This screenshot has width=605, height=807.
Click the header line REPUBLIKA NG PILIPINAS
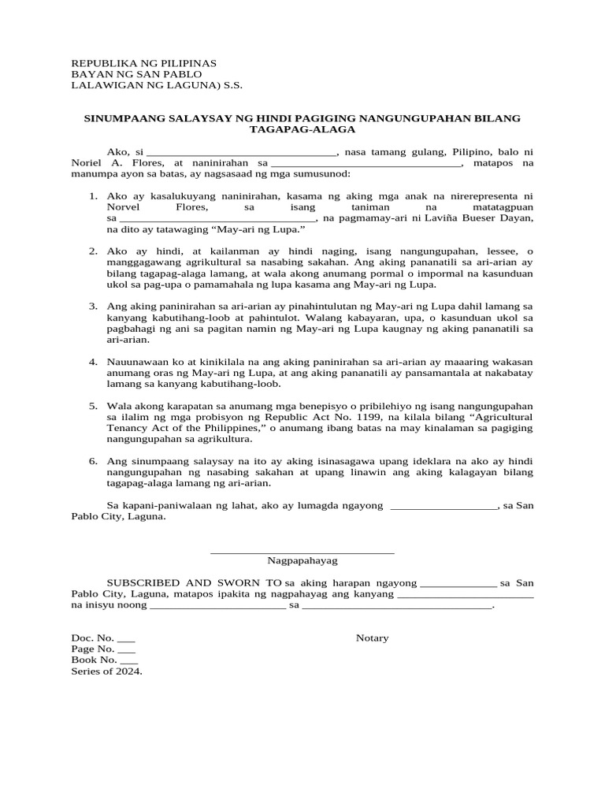point(143,63)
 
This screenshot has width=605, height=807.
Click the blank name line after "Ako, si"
point(242,151)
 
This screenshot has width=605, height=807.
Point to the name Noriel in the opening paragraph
point(87,162)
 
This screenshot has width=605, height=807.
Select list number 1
point(92,195)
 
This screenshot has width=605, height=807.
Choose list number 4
point(92,361)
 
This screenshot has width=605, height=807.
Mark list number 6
point(92,460)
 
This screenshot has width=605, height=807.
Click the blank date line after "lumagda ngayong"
point(444,505)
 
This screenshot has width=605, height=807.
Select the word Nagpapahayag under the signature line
point(302,561)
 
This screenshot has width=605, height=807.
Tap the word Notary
point(372,638)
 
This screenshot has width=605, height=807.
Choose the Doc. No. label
point(93,638)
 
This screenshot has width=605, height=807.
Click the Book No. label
point(95,660)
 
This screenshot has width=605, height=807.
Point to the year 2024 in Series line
point(129,671)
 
